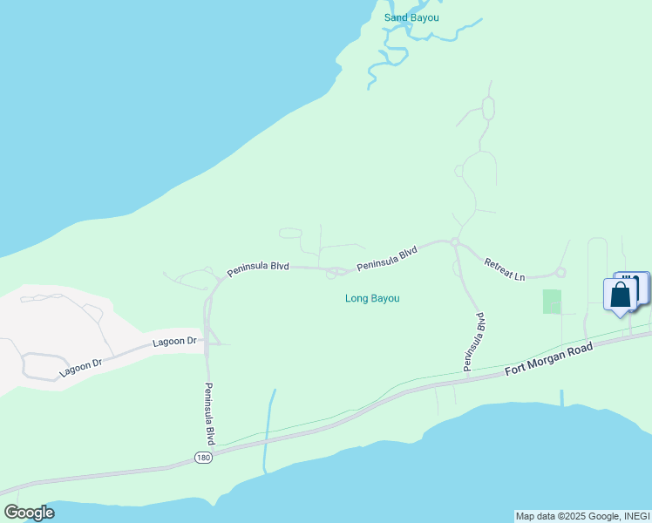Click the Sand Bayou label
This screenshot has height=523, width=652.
[411, 17]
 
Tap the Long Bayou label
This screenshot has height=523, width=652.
[372, 298]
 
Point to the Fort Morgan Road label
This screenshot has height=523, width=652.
[548, 359]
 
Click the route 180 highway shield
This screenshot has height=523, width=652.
[202, 458]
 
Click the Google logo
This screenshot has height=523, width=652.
[29, 513]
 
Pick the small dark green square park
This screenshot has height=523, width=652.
[552, 302]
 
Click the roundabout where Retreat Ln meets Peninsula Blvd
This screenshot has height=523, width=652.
[454, 242]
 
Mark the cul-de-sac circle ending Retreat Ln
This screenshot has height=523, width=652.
[560, 273]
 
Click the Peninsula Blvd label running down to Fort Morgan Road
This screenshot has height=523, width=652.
[474, 343]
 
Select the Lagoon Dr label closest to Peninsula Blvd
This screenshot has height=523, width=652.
[175, 341]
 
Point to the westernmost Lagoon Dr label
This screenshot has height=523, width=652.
[81, 366]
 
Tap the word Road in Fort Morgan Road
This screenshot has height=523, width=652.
[577, 351]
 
